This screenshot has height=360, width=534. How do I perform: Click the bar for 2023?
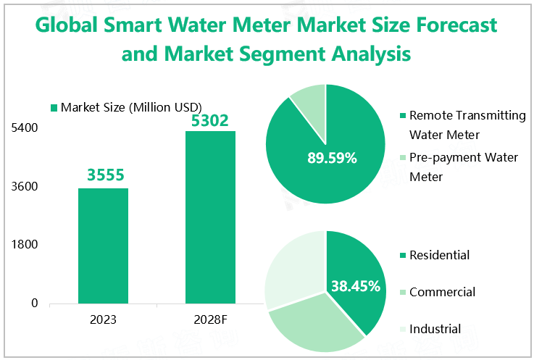(x=103, y=246)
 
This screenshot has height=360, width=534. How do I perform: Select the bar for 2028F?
(x=210, y=217)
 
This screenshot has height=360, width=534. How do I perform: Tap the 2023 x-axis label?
(x=103, y=319)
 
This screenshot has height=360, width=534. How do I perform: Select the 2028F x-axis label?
(x=210, y=319)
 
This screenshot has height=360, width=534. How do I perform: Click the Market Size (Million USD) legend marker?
(x=53, y=108)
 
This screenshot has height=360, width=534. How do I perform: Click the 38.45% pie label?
(x=355, y=286)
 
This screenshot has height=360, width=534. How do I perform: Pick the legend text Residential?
(x=439, y=255)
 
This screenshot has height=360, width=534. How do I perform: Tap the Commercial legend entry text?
(x=442, y=292)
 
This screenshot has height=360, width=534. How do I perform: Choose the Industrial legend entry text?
(x=435, y=329)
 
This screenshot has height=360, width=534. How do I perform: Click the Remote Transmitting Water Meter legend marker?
(x=402, y=116)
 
